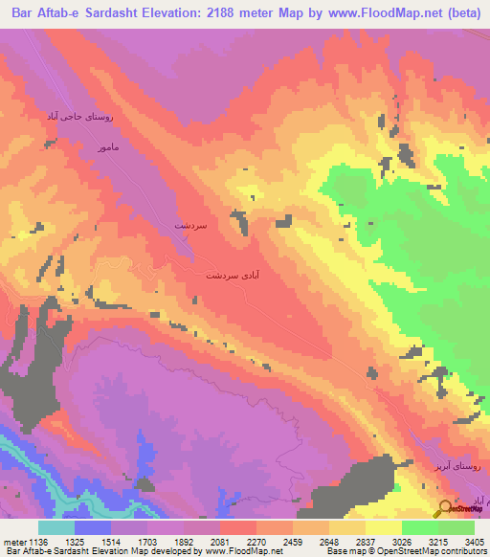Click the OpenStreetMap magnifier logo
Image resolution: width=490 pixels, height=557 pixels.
446,508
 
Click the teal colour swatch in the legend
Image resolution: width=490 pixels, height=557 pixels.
56,527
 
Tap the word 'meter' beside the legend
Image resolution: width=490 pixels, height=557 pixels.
13,541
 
